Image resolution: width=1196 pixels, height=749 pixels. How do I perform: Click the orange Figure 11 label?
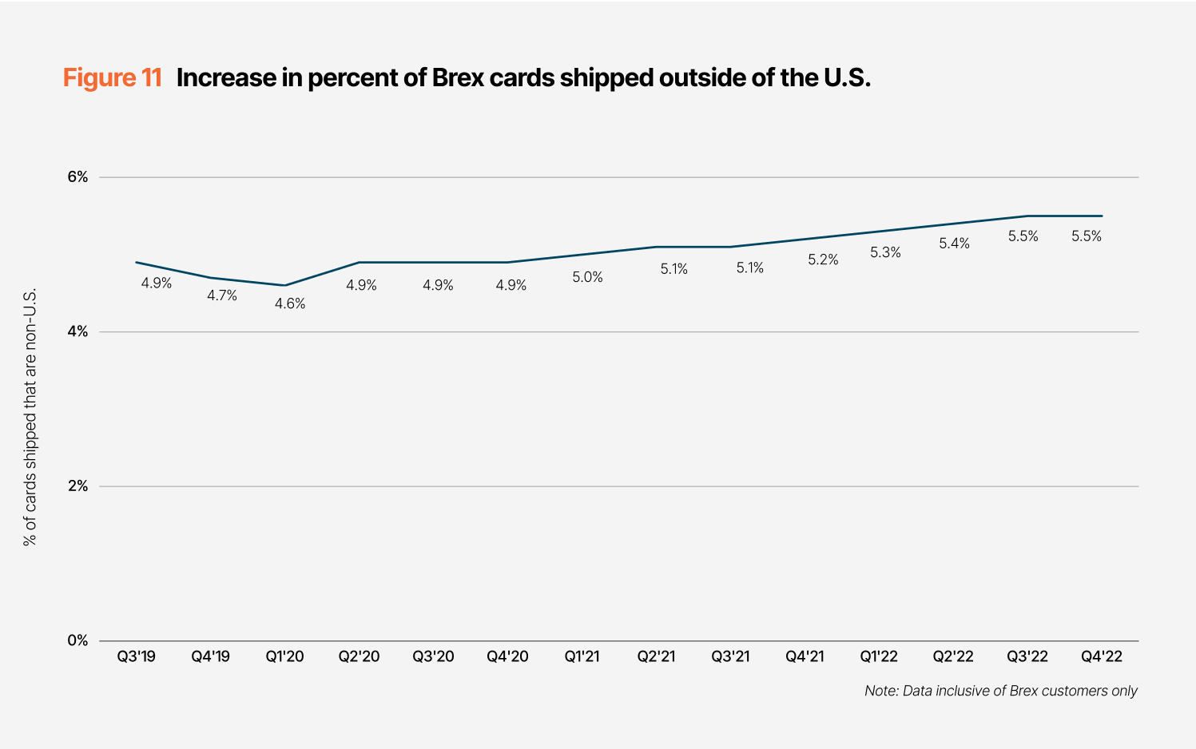pos(113,77)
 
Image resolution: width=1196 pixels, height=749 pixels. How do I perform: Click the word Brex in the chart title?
pos(458,77)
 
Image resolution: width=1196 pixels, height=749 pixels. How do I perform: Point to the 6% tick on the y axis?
pos(77,177)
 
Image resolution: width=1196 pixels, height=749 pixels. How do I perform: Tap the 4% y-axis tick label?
pos(77,331)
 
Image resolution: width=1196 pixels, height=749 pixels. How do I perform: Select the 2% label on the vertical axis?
pos(77,486)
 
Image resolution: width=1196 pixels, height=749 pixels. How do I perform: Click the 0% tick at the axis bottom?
pos(77,640)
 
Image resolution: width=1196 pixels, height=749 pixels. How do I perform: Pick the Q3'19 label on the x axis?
pos(137,656)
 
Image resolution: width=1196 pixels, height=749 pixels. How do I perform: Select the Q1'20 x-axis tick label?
pos(285,656)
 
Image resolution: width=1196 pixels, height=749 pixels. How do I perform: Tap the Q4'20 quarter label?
pos(508,656)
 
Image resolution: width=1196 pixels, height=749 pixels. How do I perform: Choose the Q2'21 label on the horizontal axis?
pos(656,656)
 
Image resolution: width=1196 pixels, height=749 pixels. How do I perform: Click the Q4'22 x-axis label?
pos(1102,656)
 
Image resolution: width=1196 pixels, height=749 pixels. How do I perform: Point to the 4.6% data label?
pos(290,303)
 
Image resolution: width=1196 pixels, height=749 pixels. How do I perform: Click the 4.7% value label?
pos(222,295)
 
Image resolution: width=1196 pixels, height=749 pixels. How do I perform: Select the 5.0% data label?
pos(587,277)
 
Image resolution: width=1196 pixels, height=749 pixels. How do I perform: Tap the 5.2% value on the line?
pos(823,260)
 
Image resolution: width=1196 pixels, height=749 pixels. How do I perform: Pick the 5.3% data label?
pos(885,252)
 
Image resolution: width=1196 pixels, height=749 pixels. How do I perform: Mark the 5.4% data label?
pos(954,244)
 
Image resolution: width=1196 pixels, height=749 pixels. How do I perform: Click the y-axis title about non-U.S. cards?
pos(30,417)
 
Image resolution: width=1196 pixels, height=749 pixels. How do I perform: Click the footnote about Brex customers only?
pos(1000,691)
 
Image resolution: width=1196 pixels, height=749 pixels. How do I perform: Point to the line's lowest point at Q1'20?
pos(285,285)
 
